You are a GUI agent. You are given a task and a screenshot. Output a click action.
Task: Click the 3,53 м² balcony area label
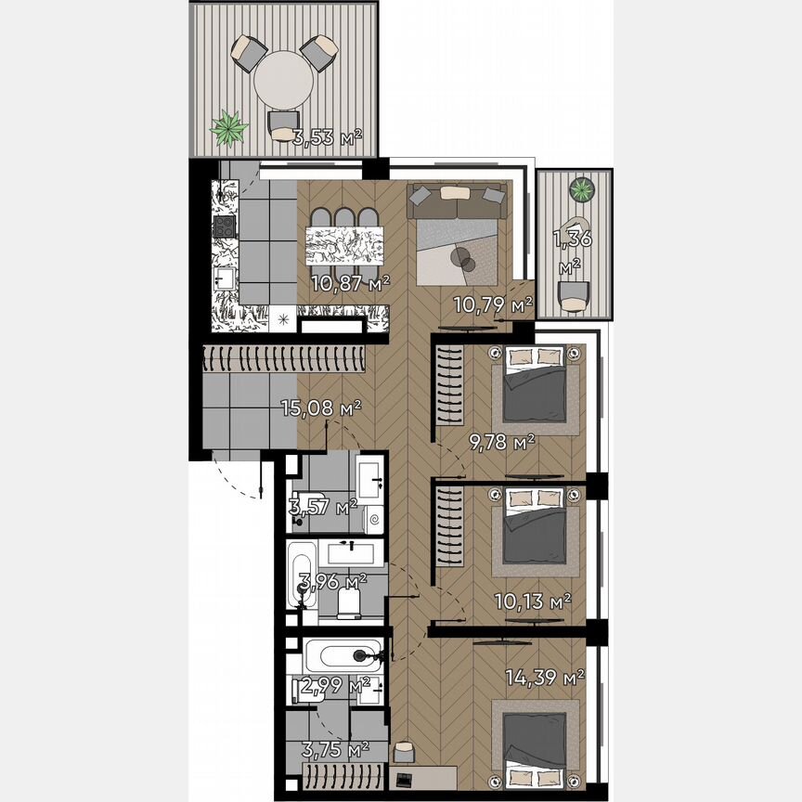(x=327, y=140)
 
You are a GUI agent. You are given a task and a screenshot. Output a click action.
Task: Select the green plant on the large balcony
(x=227, y=128)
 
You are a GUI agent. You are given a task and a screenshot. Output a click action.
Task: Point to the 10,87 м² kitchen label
(x=350, y=282)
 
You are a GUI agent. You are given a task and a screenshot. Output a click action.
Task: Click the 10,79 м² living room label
(x=492, y=304)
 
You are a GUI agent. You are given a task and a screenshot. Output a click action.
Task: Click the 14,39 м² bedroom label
(x=545, y=678)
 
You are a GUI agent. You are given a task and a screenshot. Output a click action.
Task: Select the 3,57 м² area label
(x=323, y=507)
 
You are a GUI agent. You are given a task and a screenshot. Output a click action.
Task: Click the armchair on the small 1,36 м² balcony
(x=575, y=295)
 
